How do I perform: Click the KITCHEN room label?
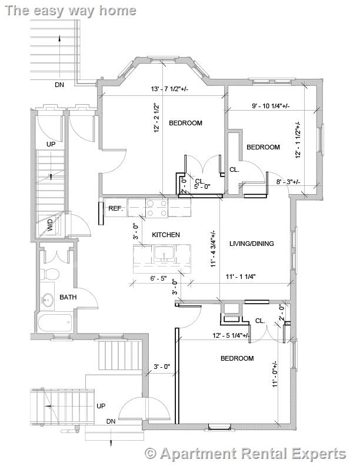coord(166,235)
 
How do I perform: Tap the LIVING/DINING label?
coord(252,244)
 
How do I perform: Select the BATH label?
coord(68,298)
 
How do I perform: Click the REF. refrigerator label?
coord(115,208)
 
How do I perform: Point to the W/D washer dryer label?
coord(50,225)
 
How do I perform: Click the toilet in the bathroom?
coord(51,274)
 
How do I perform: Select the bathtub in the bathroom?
coord(54,323)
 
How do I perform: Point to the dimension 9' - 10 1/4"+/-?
coord(271,106)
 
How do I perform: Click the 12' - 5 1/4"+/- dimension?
coord(231,336)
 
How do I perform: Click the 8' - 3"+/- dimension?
coord(288,182)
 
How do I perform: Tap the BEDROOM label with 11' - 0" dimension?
coord(237,358)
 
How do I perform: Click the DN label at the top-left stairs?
coord(59,85)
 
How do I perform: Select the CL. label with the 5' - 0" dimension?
coord(199,181)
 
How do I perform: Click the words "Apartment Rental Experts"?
coord(253,454)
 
